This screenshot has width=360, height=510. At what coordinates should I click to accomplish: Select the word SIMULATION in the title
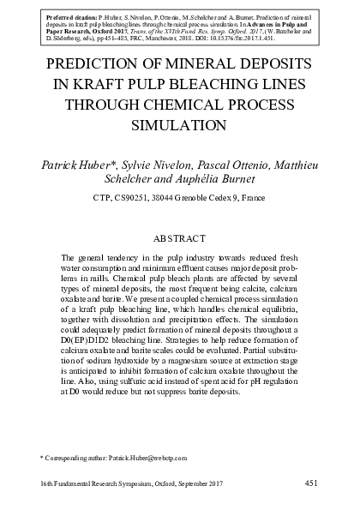pos(180,123)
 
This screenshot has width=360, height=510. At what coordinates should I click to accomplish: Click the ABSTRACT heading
pos(180,237)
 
